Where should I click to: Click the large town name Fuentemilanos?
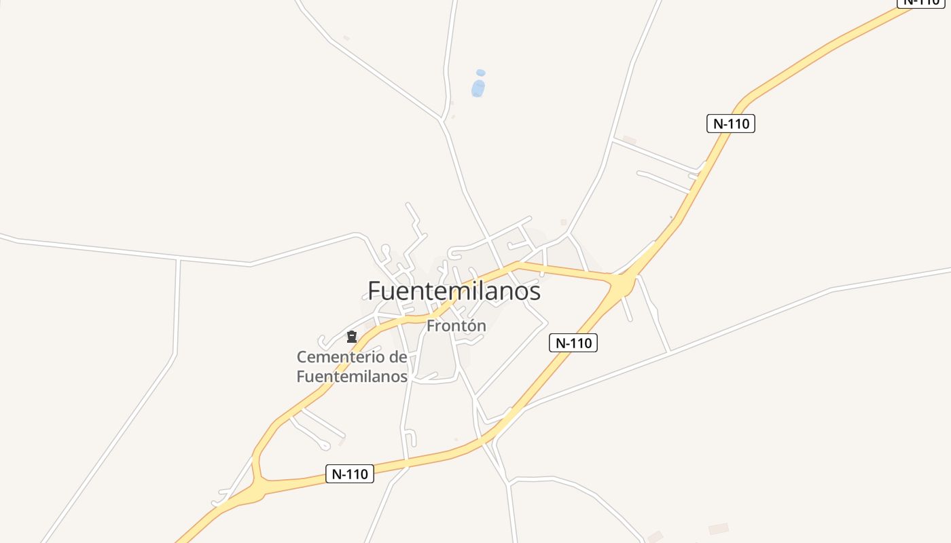coord(454,291)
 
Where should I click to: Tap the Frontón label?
coord(456,326)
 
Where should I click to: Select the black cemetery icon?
coord(352,337)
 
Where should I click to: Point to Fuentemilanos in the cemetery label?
coord(352,376)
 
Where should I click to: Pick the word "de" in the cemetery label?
coord(398,357)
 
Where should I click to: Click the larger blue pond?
coord(478,88)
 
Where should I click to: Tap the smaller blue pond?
coord(481,73)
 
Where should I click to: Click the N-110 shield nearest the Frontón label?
coord(573,343)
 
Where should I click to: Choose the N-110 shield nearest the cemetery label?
coord(350,474)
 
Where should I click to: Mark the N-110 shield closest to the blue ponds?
coord(731,124)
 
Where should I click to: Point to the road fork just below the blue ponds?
coord(443,120)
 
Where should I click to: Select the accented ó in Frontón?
coord(473,326)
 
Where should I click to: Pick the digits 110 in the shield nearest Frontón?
coord(582,343)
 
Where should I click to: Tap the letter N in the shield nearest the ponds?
coord(717,124)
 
